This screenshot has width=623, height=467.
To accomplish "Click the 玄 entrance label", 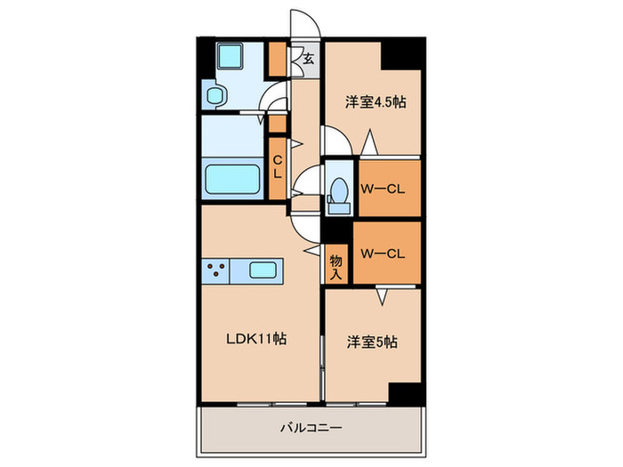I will (308, 60).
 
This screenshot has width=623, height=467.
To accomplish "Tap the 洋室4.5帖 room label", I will (376, 102).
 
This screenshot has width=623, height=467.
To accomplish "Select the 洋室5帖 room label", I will (371, 341).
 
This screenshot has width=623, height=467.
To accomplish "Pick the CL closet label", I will (277, 166).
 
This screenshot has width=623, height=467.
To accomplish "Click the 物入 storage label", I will (336, 267).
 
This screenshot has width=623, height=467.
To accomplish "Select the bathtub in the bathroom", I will (232, 178).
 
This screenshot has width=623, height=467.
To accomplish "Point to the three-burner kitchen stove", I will (216, 270).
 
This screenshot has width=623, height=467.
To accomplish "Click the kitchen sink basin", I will (264, 270).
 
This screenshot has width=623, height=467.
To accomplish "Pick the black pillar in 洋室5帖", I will (405, 392).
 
